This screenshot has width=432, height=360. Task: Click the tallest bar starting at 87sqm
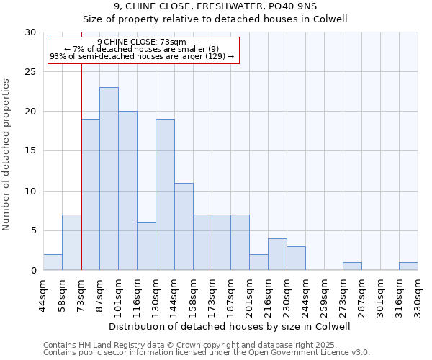tap(109, 179)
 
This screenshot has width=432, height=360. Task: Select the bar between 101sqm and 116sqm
tap(127, 191)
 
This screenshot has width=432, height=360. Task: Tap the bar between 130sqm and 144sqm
tap(165, 194)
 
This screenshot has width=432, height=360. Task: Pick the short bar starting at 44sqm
tap(53, 262)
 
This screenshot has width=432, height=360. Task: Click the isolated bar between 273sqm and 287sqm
tap(352, 266)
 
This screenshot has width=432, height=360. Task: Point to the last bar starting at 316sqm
tap(408, 266)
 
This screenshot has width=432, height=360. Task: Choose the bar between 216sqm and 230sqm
tap(277, 254)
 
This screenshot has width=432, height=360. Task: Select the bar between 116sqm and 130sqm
tap(146, 246)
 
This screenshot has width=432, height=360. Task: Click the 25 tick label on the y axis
tap(30, 72)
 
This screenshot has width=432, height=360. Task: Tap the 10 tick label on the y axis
tap(30, 191)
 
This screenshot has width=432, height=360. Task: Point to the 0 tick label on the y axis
tap(33, 271)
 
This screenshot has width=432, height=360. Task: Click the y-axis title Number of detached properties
tap(7, 155)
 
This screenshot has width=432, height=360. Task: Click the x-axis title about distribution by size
tap(230, 326)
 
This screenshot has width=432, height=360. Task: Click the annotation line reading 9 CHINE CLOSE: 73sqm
tap(142, 42)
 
